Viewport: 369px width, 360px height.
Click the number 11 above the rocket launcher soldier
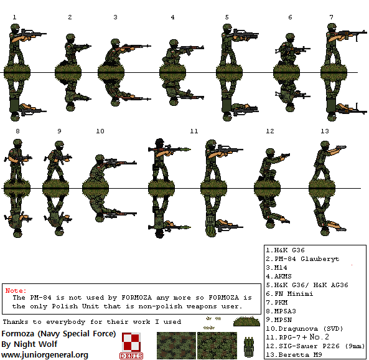point(194,131)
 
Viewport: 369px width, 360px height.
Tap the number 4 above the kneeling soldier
point(172,17)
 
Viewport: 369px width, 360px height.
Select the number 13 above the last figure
point(324,131)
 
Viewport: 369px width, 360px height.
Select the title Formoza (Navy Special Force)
point(58,333)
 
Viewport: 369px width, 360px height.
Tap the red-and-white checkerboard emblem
point(131,342)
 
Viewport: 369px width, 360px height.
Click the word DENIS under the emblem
point(131,356)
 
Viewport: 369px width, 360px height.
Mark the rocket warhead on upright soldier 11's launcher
point(186,148)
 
